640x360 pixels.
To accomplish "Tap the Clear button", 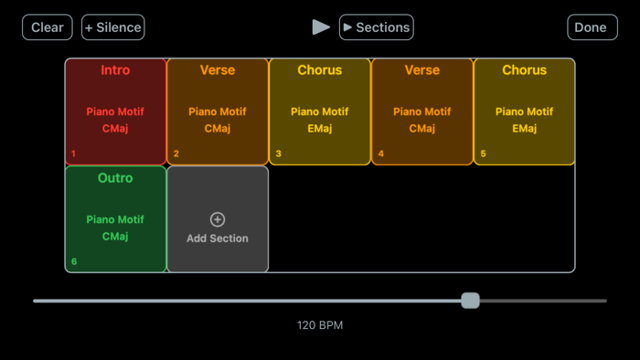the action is point(48,27).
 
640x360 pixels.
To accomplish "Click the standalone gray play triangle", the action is point(321,27).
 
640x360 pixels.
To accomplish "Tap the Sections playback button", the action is point(376,27).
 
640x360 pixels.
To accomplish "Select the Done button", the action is point(592,27).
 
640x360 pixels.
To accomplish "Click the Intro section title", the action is point(115,70).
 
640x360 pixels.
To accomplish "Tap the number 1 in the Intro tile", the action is point(74,154).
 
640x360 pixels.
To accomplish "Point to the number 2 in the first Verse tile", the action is point(176,154).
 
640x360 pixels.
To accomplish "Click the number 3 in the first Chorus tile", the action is point(279,154).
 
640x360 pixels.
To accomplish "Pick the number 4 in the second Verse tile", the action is point(381,154).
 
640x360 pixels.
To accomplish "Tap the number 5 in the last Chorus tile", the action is point(484,154).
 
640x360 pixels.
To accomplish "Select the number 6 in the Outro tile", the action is point(74,261).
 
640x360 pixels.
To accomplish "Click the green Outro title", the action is point(115,178).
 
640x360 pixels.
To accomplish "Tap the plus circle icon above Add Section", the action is point(218,219).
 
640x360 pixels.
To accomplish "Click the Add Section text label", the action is point(218,238).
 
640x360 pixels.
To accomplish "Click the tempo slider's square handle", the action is point(470,301).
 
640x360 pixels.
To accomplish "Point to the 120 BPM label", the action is point(320,325).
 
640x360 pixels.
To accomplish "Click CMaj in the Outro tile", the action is point(115,237).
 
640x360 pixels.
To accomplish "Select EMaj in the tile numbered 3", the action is point(320,129).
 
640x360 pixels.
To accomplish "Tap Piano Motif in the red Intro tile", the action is point(115,112).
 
